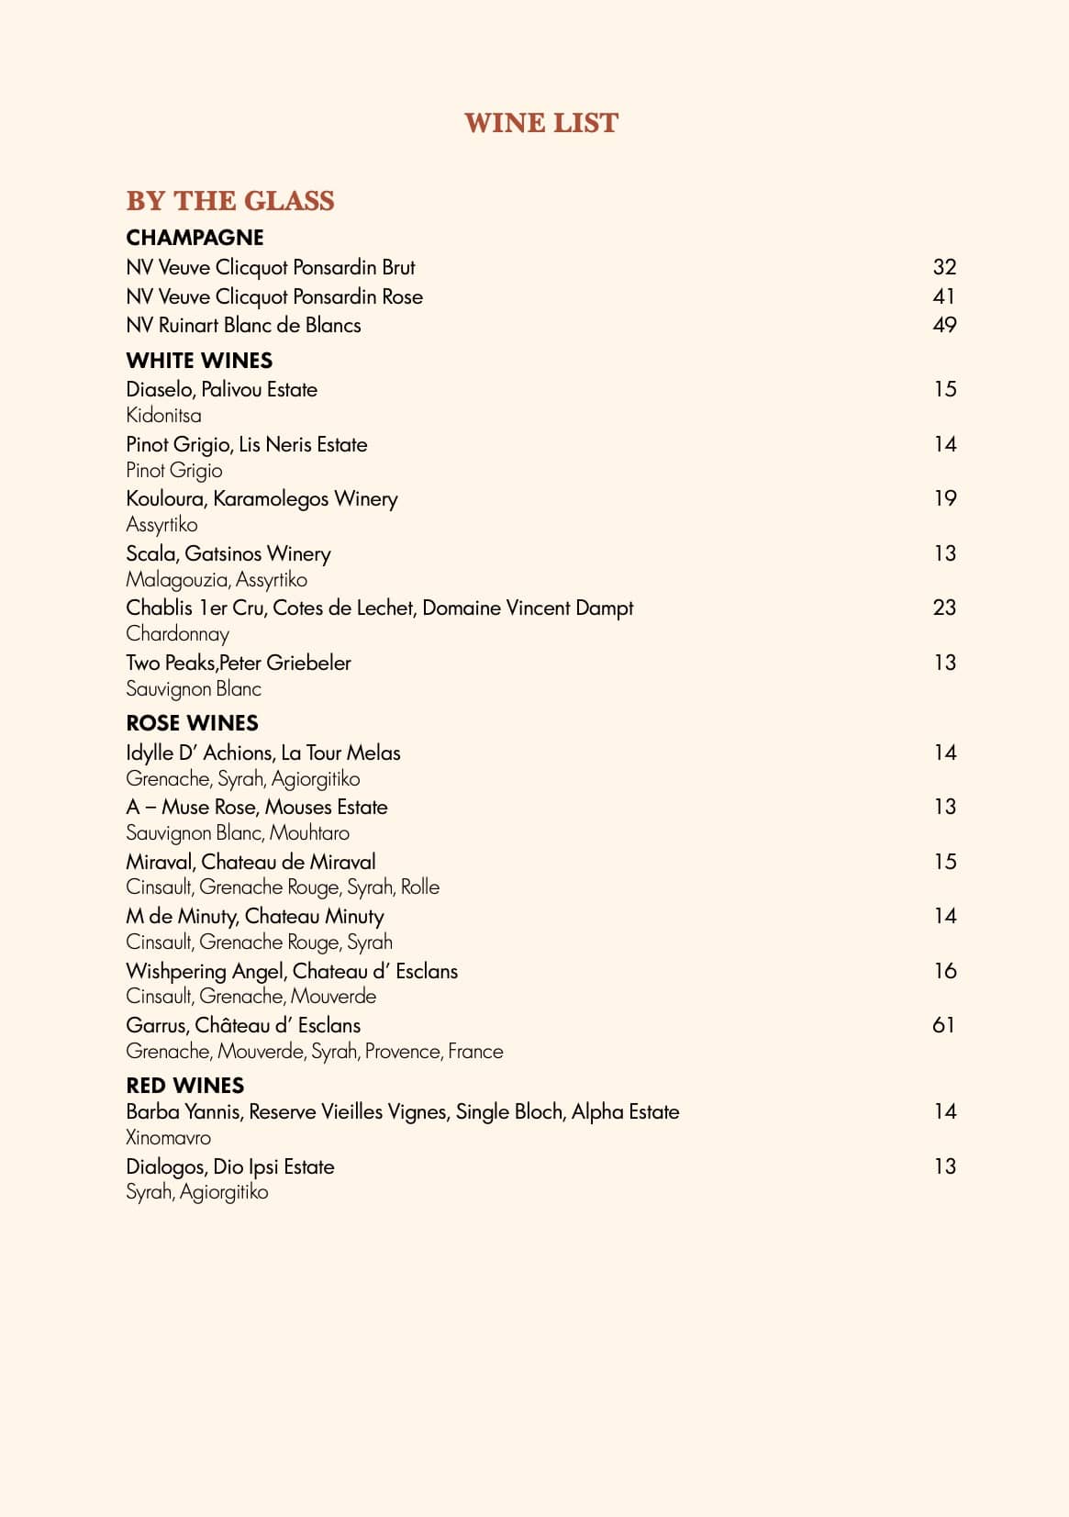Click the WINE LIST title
(541, 123)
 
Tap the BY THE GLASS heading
(230, 201)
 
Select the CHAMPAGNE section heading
(195, 238)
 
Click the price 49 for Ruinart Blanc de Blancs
(944, 325)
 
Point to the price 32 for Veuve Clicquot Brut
(944, 267)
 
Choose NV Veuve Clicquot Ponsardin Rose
(274, 296)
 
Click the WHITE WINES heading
(199, 361)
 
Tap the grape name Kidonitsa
(163, 415)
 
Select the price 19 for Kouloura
(944, 498)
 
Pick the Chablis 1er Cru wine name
(379, 608)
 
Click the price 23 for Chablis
(944, 608)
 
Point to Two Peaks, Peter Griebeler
(239, 663)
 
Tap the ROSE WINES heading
(192, 723)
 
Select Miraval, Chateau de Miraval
(251, 862)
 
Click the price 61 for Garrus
(943, 1025)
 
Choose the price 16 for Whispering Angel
(944, 971)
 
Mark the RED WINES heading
(184, 1086)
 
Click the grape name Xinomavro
(168, 1138)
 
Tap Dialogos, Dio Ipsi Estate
(230, 1166)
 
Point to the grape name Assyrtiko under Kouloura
(161, 524)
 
